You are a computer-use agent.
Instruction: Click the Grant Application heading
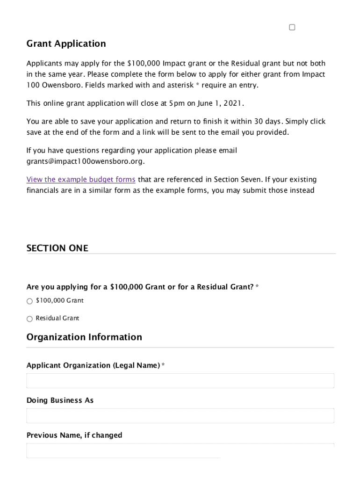click(x=66, y=44)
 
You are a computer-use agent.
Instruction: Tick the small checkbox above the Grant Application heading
click(x=292, y=28)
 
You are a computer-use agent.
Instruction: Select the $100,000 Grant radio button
click(x=29, y=301)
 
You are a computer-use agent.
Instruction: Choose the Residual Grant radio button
click(x=29, y=319)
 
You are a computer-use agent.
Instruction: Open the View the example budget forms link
click(x=81, y=180)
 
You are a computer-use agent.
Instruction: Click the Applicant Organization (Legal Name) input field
click(x=180, y=381)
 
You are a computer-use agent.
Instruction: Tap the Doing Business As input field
click(x=180, y=416)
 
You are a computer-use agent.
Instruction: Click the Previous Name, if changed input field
click(x=180, y=450)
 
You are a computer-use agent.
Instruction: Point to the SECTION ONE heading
click(x=57, y=248)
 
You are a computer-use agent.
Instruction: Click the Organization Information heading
click(x=84, y=337)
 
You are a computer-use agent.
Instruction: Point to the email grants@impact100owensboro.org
click(x=85, y=161)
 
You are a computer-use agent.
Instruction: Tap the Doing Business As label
click(x=60, y=400)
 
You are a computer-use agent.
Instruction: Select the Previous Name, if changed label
click(x=74, y=435)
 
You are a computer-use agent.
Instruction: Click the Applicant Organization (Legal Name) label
click(x=93, y=365)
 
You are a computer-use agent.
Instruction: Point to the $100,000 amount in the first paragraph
click(x=144, y=64)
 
